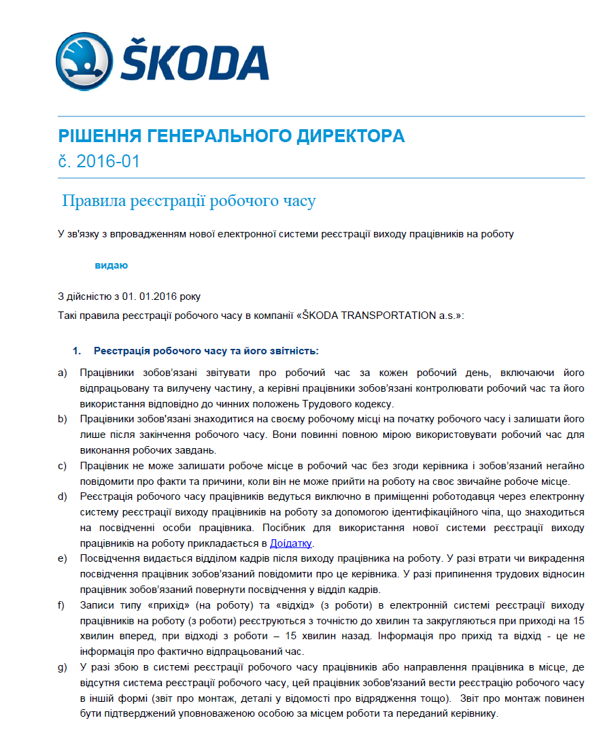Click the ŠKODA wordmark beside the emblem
(x=196, y=63)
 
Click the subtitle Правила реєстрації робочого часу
(x=189, y=201)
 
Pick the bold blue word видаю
(x=111, y=265)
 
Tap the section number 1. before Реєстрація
(x=77, y=351)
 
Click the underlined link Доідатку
(x=292, y=543)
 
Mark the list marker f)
(x=62, y=605)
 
